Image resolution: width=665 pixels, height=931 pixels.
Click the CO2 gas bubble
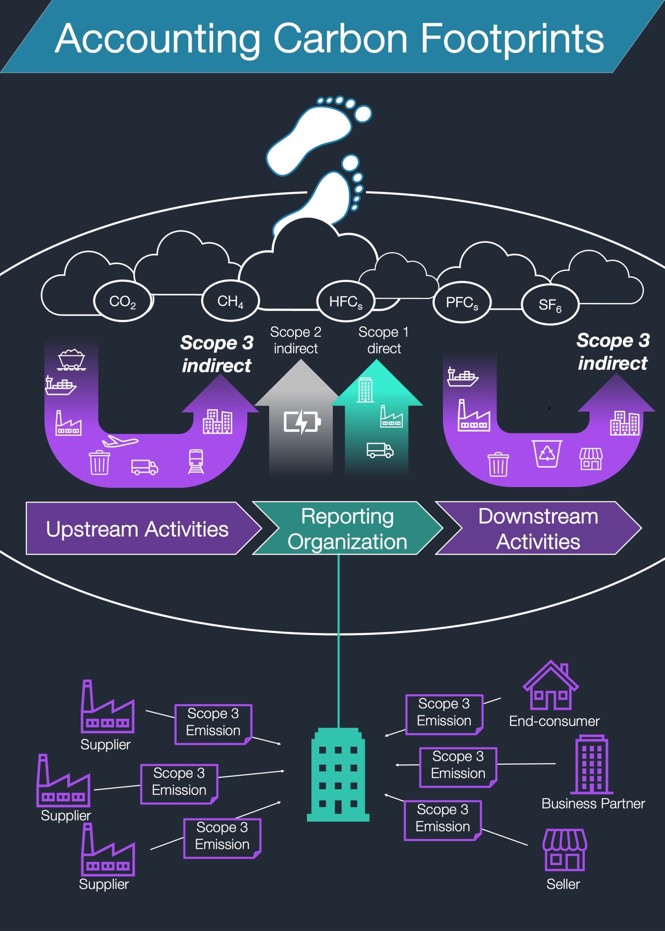[x=123, y=301]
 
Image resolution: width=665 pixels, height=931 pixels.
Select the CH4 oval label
[x=230, y=301]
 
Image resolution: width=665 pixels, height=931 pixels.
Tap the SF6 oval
[x=550, y=305]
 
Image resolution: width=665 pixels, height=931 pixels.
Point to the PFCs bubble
[x=461, y=303]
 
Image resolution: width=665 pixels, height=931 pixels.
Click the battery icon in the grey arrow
[x=302, y=421]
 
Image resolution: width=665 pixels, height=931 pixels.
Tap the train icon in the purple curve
[x=196, y=461]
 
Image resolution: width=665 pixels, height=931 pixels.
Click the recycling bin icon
[x=547, y=453]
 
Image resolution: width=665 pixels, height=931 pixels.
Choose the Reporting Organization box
[x=347, y=529]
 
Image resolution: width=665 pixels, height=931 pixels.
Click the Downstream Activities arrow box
[x=538, y=529]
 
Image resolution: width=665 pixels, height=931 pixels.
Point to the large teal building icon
[x=338, y=774]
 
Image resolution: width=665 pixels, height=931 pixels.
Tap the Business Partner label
[x=593, y=803]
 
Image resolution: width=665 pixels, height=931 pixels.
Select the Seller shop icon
[x=564, y=850]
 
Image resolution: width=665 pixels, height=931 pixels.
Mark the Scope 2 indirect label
[x=296, y=340]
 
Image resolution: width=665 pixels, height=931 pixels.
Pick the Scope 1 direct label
[x=384, y=340]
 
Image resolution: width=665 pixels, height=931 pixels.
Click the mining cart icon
[x=71, y=359]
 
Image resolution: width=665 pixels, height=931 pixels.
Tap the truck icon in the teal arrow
[x=380, y=450]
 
